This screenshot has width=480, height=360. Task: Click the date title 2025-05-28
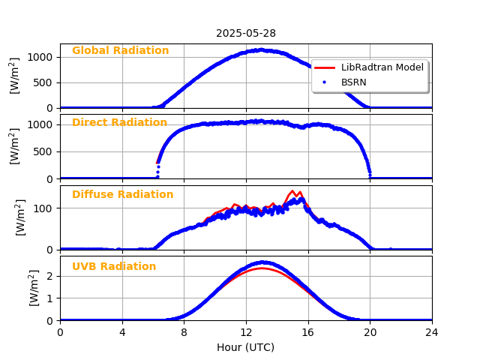click(x=246, y=33)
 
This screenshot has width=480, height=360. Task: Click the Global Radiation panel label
click(x=120, y=51)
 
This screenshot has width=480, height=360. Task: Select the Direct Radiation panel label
click(x=119, y=123)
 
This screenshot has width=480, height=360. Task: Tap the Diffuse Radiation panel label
click(x=122, y=195)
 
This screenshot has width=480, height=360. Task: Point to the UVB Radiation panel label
click(x=114, y=267)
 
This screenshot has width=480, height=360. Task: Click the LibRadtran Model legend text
click(x=382, y=67)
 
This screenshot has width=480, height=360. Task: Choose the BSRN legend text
click(x=354, y=82)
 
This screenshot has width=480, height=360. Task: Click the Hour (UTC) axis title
click(x=246, y=348)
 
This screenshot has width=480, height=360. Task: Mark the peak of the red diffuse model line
click(x=292, y=191)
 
